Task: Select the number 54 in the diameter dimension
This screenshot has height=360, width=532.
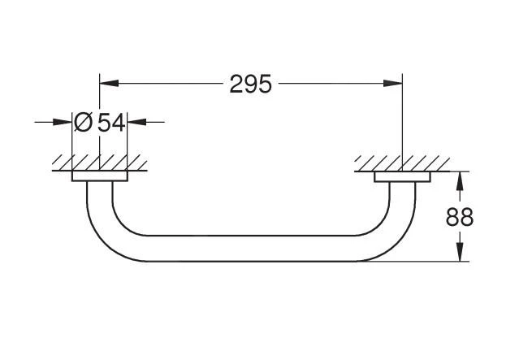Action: pyautogui.click(x=111, y=123)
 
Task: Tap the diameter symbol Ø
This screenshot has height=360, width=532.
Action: pyautogui.click(x=84, y=123)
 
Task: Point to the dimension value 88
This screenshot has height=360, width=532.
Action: pyautogui.click(x=460, y=217)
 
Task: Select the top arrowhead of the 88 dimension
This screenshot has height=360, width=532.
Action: pyautogui.click(x=460, y=180)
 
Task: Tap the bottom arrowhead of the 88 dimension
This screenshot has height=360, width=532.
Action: pyautogui.click(x=460, y=253)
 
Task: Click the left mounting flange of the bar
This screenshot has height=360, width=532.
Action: pyautogui.click(x=99, y=176)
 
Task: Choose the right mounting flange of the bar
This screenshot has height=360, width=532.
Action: pyautogui.click(x=402, y=176)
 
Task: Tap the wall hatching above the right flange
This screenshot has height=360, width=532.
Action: pyautogui.click(x=402, y=163)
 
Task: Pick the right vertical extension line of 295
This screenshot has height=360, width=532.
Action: pyautogui.click(x=403, y=122)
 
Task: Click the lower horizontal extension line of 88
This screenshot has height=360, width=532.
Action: pyautogui.click(x=430, y=261)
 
